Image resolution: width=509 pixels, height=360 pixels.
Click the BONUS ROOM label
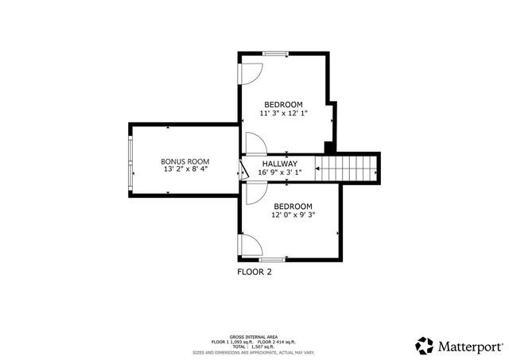pos(185,161)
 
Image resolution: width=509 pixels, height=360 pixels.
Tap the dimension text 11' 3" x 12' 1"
pos(284,114)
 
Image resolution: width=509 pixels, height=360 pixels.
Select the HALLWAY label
pos(279,163)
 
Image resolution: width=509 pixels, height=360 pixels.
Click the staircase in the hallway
pos(344,168)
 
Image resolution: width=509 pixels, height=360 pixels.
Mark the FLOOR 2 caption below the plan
pos(254,271)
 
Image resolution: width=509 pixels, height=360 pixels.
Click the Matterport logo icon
pos(424,345)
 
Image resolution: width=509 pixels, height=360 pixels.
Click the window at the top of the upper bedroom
pos(276,53)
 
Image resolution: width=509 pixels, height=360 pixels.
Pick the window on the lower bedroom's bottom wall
pos(272,259)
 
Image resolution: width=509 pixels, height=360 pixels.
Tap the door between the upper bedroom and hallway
pos(254,144)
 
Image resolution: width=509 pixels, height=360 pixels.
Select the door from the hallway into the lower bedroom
pos(255,193)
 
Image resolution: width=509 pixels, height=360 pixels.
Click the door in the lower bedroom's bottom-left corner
pos(248,244)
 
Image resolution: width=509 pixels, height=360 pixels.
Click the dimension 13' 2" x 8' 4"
pos(185,169)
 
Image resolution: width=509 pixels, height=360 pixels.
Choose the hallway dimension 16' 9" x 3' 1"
pos(279,172)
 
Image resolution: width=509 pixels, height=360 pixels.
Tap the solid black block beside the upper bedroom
pos(328,146)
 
